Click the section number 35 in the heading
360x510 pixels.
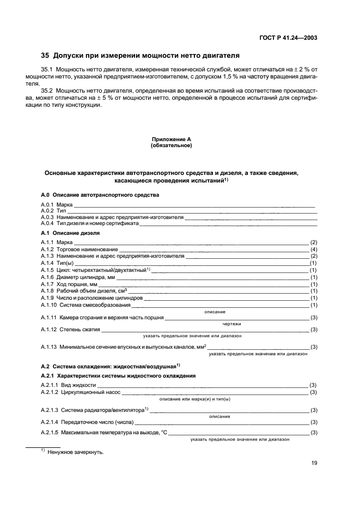tap(45, 56)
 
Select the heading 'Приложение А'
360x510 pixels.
tap(171, 140)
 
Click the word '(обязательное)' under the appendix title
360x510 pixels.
tap(171, 146)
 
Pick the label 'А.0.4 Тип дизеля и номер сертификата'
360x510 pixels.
tap(90, 223)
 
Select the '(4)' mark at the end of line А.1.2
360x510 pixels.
tap(314, 249)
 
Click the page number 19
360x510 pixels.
tap(314, 463)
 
